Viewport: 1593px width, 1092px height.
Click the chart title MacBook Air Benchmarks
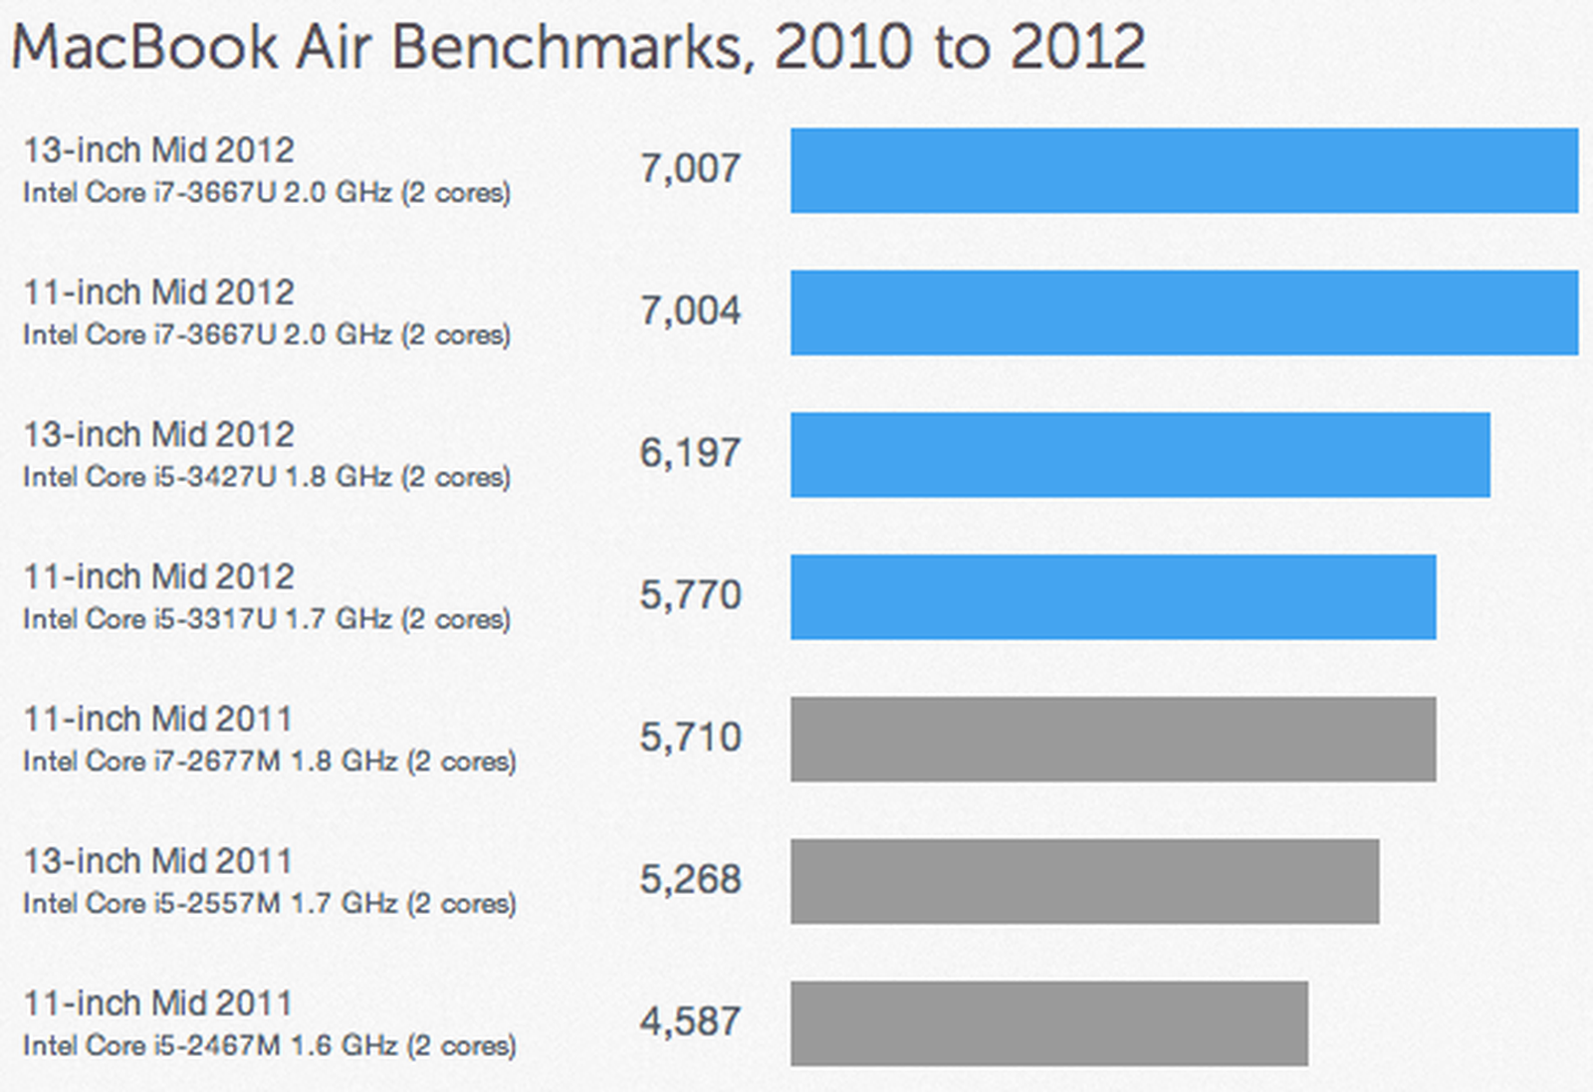pos(577,47)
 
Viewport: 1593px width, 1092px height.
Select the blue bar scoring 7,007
pos(1184,170)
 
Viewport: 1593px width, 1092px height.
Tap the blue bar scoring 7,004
pos(1184,313)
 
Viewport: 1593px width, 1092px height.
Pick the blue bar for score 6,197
pos(1140,455)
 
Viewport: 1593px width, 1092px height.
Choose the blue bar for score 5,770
pos(1113,597)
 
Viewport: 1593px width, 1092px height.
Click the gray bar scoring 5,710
pos(1113,739)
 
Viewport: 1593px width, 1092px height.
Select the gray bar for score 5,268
pos(1084,881)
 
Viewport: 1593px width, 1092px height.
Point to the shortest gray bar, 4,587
pos(1049,1023)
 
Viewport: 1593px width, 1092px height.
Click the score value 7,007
pos(690,169)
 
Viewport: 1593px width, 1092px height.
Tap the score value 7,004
pos(690,312)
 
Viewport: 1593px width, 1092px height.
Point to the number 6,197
pos(690,454)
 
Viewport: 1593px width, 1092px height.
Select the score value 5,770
pos(690,595)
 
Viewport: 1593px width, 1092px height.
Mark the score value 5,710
pos(690,738)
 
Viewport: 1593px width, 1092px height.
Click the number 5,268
pos(690,880)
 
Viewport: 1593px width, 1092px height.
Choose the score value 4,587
pos(690,1022)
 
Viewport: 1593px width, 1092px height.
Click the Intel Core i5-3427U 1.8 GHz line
pos(267,478)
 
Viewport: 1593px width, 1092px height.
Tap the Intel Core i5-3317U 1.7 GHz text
pos(267,620)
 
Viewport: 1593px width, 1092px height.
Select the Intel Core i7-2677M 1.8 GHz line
pos(269,763)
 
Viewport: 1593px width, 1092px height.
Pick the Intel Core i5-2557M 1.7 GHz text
pos(269,905)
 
